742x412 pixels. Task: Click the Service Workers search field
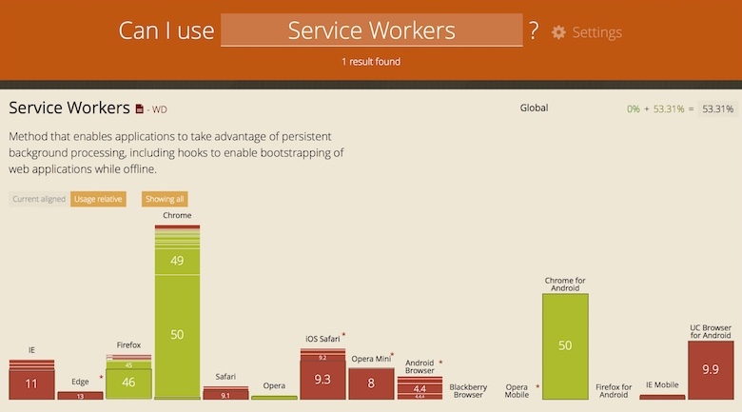pos(371,30)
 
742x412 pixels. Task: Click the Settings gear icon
pos(558,32)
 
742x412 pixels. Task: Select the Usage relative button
pos(98,199)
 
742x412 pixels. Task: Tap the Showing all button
pos(165,199)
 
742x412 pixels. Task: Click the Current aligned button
pos(38,199)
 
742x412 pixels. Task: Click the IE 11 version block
pos(31,384)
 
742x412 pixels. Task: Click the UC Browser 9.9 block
pos(710,370)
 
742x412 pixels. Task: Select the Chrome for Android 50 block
pos(565,345)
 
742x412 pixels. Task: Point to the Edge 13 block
pos(80,396)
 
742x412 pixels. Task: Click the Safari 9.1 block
pos(225,395)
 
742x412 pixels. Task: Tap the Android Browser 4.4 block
pos(420,388)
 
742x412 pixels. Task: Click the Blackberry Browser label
pos(468,390)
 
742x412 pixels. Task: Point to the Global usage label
pos(534,108)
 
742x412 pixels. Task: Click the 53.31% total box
pos(717,108)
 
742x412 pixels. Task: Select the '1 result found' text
pos(371,62)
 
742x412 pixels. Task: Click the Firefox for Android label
pos(614,390)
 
